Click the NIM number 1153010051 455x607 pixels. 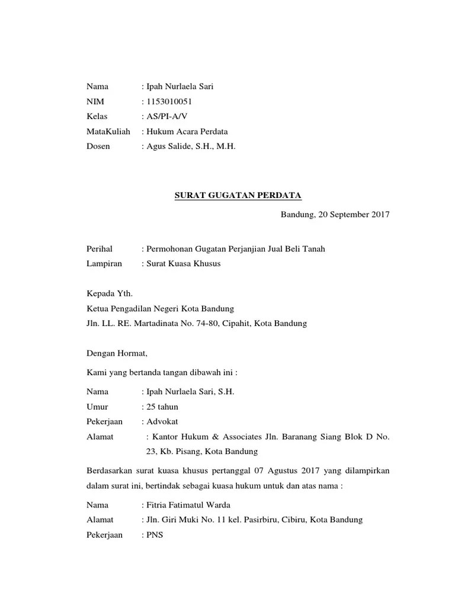169,101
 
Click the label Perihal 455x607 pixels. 99,249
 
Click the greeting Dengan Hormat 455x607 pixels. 116,354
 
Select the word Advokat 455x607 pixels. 162,421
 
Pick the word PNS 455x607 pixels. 155,535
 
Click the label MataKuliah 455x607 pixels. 108,131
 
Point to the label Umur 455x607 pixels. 97,407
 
